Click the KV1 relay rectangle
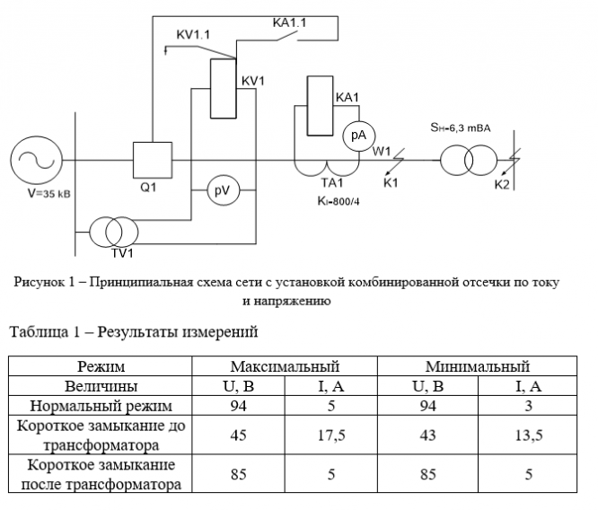(x=224, y=88)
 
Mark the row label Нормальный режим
(x=101, y=406)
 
